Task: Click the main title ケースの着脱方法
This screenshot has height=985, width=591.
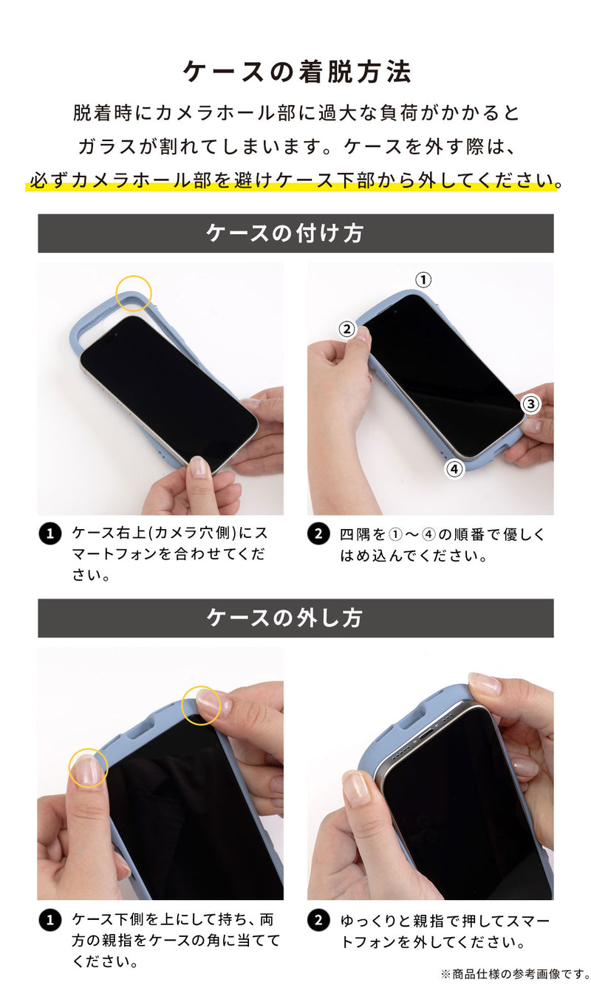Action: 295,72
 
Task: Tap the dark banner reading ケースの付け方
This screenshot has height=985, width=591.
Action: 295,234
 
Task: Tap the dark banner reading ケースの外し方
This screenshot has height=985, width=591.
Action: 295,618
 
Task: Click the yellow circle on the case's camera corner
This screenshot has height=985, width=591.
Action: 134,292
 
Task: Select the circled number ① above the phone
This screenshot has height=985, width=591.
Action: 423,280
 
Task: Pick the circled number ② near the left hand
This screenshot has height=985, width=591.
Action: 347,330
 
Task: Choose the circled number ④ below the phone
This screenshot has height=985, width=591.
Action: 454,468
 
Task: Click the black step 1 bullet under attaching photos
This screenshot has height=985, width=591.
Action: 49,534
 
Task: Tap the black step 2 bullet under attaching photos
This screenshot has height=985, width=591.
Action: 318,534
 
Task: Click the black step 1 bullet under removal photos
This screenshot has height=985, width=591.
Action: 49,920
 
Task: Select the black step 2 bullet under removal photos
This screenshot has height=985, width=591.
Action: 318,920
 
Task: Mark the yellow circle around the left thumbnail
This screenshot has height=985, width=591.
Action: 89,768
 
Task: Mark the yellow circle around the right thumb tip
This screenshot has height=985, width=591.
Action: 201,705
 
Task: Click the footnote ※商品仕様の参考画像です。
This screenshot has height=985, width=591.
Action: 514,973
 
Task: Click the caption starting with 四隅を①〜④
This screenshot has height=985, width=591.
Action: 442,545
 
